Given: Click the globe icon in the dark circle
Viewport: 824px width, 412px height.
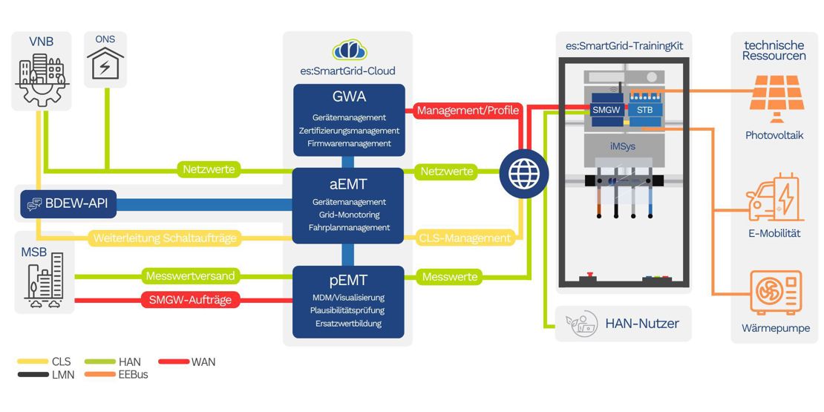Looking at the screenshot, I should (524, 175).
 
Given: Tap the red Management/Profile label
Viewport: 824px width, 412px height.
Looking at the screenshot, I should (468, 111).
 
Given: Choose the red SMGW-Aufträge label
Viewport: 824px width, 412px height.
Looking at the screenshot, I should (191, 301).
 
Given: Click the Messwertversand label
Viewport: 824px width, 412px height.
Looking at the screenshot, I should (191, 276).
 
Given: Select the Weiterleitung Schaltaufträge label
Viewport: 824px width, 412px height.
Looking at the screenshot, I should (164, 238).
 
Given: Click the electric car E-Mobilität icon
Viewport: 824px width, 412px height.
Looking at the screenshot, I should (774, 197).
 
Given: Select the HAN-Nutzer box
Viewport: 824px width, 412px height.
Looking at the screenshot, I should (623, 324).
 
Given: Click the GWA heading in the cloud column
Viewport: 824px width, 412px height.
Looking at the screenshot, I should (349, 97).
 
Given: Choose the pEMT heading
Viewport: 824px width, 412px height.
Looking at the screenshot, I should (349, 281).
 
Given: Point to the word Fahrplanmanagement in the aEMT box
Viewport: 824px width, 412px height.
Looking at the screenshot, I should (349, 228).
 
